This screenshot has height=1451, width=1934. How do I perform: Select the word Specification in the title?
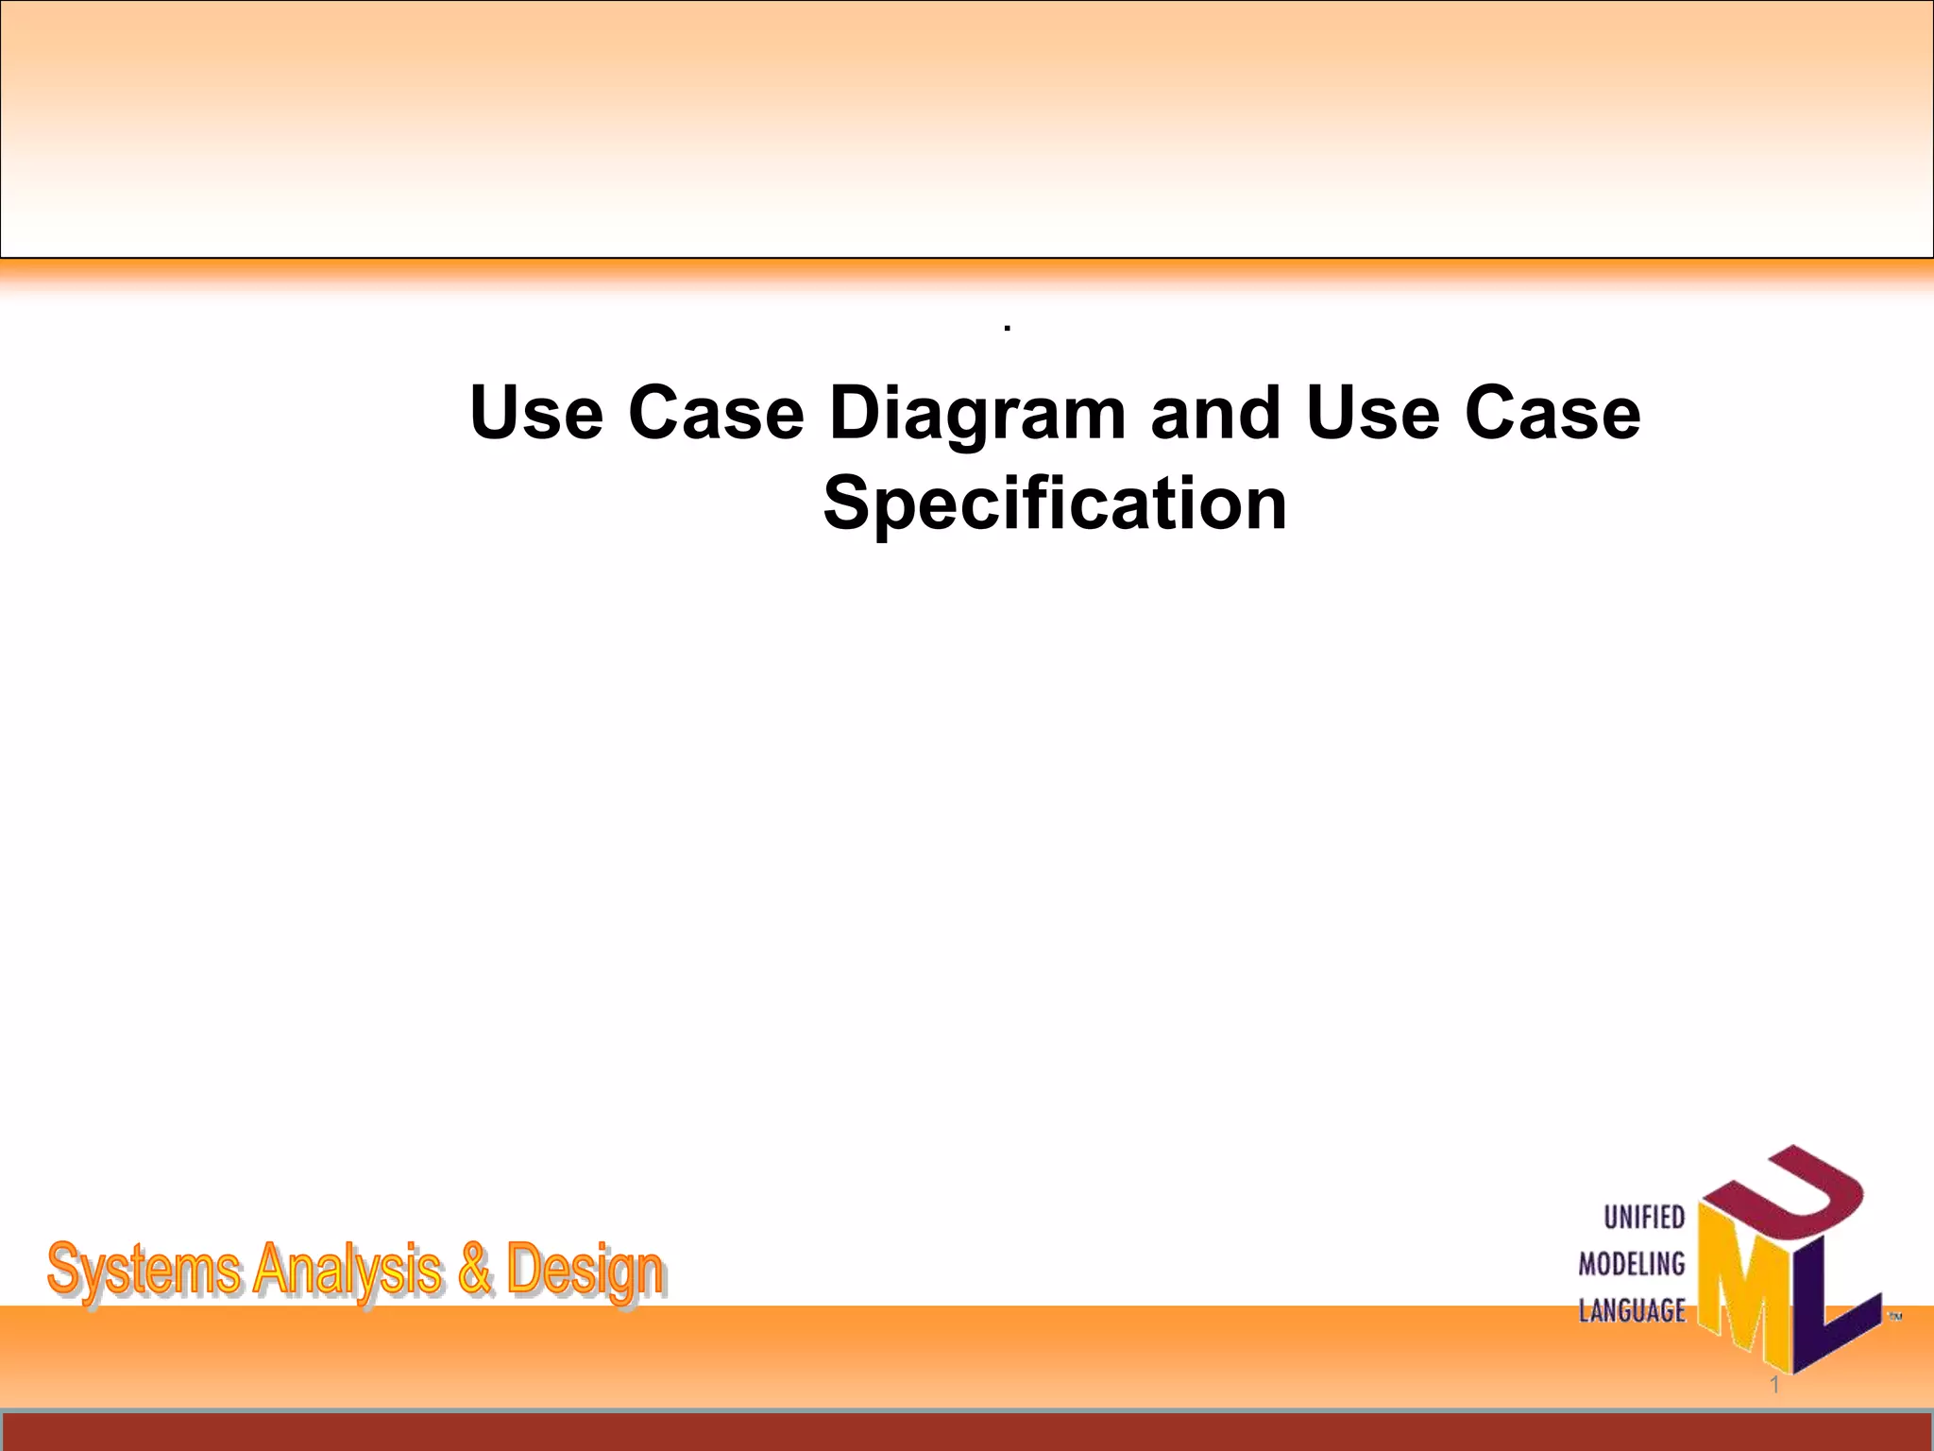click(1055, 504)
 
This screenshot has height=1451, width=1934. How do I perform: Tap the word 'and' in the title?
click(1215, 414)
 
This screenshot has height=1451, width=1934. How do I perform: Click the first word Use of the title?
click(535, 414)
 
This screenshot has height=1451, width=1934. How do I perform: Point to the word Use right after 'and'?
click(1373, 414)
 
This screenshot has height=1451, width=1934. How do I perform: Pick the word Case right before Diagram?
click(716, 414)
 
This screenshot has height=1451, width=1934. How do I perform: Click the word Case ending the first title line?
click(1552, 414)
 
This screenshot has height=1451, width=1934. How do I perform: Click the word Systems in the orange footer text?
click(143, 1271)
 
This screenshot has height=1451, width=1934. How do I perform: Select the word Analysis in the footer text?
click(347, 1271)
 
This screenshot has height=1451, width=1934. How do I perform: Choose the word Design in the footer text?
click(585, 1271)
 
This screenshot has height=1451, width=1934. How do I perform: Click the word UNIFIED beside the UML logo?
click(1644, 1218)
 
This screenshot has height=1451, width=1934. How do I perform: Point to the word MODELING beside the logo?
click(1632, 1264)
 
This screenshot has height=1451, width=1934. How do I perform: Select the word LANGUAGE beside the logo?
click(1632, 1311)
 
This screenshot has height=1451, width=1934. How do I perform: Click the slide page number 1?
click(1774, 1385)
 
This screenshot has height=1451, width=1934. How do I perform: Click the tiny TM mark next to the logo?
click(1894, 1316)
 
